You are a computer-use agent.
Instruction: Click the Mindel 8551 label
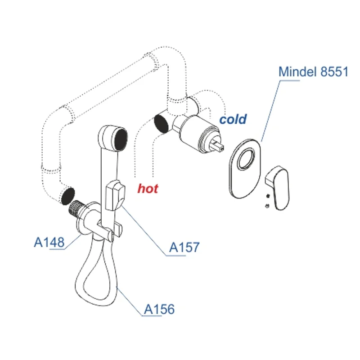313,72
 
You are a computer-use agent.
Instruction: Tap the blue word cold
233,119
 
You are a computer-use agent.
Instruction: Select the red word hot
148,188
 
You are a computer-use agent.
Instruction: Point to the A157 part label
184,247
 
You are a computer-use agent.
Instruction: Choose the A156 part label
159,309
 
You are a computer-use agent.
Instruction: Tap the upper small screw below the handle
268,196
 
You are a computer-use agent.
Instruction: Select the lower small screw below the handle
267,206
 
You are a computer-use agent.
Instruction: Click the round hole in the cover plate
247,160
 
